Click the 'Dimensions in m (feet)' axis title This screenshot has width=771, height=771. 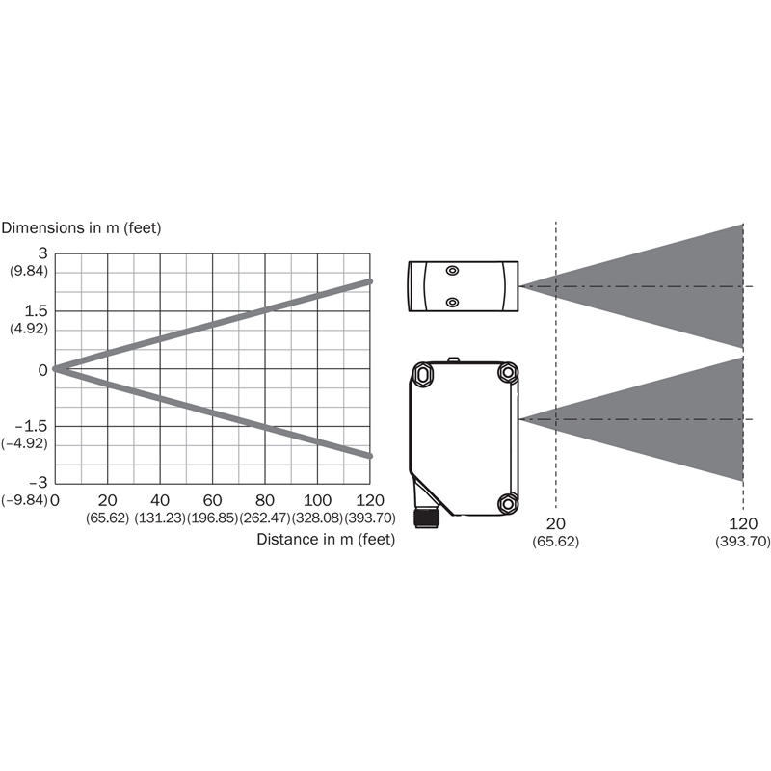(x=81, y=227)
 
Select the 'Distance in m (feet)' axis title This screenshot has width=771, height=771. (x=326, y=539)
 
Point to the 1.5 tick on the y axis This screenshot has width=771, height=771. (x=37, y=310)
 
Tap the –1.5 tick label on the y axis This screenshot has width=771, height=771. (x=32, y=426)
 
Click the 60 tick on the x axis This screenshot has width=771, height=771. (x=212, y=500)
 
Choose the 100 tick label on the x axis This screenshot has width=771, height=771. (x=317, y=500)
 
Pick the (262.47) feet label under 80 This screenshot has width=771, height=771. (x=265, y=518)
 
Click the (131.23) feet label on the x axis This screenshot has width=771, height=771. (x=160, y=518)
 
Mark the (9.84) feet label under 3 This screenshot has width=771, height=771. (x=29, y=271)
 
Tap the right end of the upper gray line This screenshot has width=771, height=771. (x=370, y=281)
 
